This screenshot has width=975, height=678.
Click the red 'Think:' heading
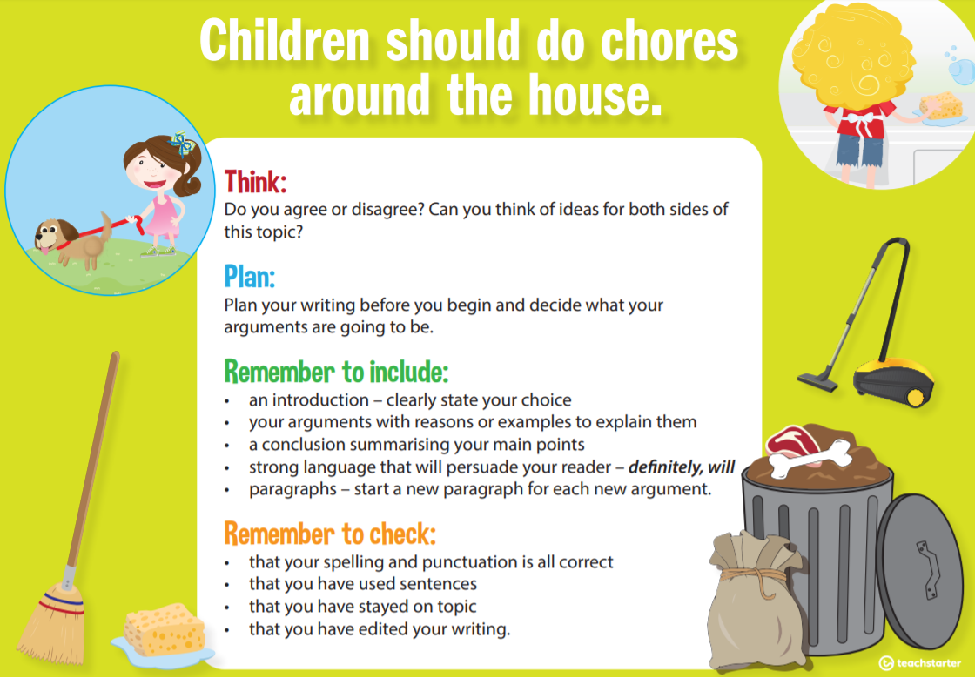pos(255,182)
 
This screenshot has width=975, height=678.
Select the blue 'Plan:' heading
pos(249,277)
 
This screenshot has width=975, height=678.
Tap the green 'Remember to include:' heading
pos(336,372)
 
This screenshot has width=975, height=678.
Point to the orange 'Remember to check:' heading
pos(329,533)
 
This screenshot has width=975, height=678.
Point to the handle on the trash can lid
pos(925,565)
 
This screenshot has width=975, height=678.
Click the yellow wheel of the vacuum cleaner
pos(915,397)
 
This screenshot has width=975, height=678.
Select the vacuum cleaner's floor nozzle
pos(817,379)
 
